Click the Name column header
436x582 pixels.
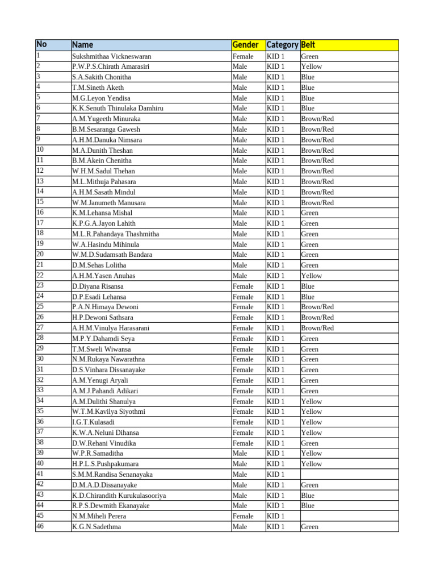tap(83, 45)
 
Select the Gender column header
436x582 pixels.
tap(245, 45)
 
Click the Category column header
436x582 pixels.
tap(282, 45)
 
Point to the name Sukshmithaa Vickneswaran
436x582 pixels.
tap(112, 56)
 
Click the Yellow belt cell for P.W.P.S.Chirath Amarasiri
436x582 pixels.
tap(311, 66)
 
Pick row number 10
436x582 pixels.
tap(40, 149)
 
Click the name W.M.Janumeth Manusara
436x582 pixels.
tap(109, 202)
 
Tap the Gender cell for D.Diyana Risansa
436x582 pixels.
tap(243, 286)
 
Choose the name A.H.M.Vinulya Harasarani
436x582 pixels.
tap(111, 328)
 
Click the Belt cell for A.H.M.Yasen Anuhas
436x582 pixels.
tap(311, 276)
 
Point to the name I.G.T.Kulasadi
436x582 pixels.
tap(94, 422)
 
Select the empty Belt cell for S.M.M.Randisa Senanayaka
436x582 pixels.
tap(349, 475)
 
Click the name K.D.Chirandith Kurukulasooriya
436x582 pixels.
tap(119, 496)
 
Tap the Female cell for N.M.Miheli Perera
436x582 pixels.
tap(243, 516)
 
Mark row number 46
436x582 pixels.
tap(40, 526)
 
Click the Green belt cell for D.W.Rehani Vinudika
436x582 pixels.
tap(309, 443)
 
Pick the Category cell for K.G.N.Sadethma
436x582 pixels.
tap(275, 527)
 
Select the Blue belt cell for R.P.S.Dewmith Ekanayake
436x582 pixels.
tap(308, 506)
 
